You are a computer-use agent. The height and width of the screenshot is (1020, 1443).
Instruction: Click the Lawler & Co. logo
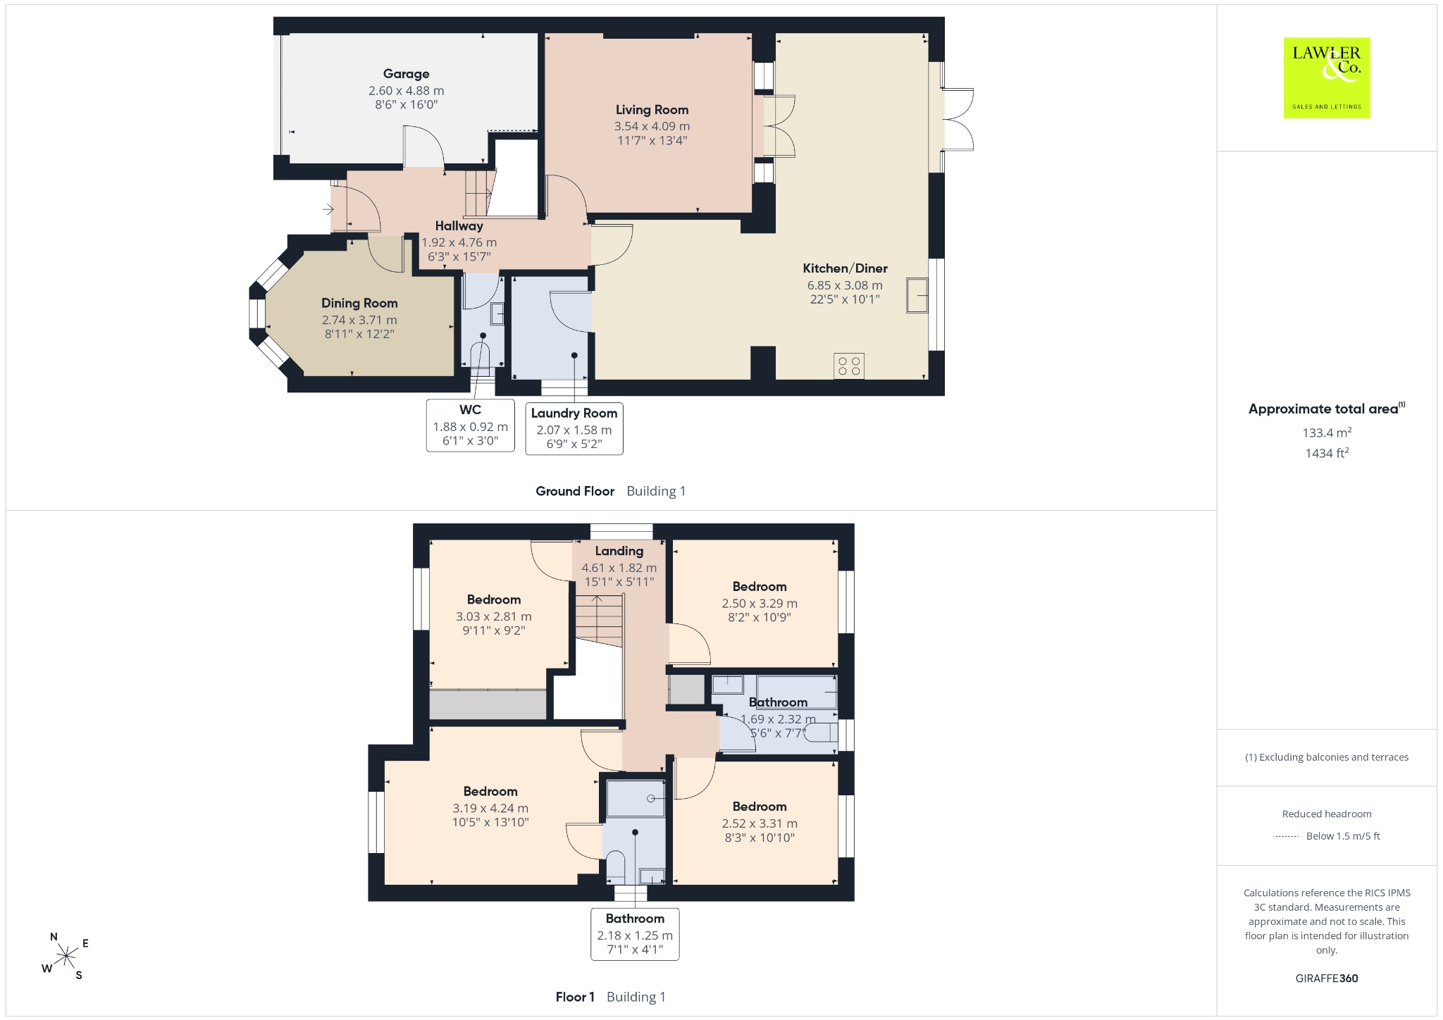(1327, 77)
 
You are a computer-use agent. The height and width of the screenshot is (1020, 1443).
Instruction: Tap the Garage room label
(406, 74)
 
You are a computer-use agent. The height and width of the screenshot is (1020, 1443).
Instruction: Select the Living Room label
(652, 110)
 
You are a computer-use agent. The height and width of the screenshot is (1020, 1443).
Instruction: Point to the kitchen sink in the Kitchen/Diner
(917, 295)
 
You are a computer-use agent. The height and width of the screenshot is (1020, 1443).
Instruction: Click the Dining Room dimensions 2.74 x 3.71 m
(359, 320)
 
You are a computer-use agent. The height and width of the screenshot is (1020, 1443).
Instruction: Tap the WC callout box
(471, 425)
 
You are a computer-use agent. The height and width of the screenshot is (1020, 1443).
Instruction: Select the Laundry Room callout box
(574, 428)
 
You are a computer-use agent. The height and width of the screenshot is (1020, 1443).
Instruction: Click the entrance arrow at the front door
(328, 209)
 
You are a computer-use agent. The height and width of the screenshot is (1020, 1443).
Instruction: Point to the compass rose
(66, 956)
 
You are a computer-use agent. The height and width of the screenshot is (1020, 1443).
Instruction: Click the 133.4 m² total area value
(1327, 433)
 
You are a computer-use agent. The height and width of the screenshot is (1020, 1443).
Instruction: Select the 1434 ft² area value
(1327, 453)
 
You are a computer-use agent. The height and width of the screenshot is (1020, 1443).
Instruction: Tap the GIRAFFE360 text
(1327, 978)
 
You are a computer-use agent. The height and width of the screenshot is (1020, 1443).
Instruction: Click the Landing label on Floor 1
(619, 552)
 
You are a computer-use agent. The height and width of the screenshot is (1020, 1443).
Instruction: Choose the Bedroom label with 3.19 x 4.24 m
(490, 792)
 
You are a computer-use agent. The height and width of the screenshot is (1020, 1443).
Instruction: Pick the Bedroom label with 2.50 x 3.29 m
(760, 587)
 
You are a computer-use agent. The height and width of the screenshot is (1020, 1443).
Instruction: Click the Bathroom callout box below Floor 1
(635, 934)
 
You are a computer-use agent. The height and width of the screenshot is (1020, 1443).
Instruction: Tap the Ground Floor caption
(575, 492)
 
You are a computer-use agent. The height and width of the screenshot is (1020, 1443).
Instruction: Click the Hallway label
(459, 226)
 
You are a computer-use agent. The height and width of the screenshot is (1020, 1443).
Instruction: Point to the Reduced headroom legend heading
(1327, 814)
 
